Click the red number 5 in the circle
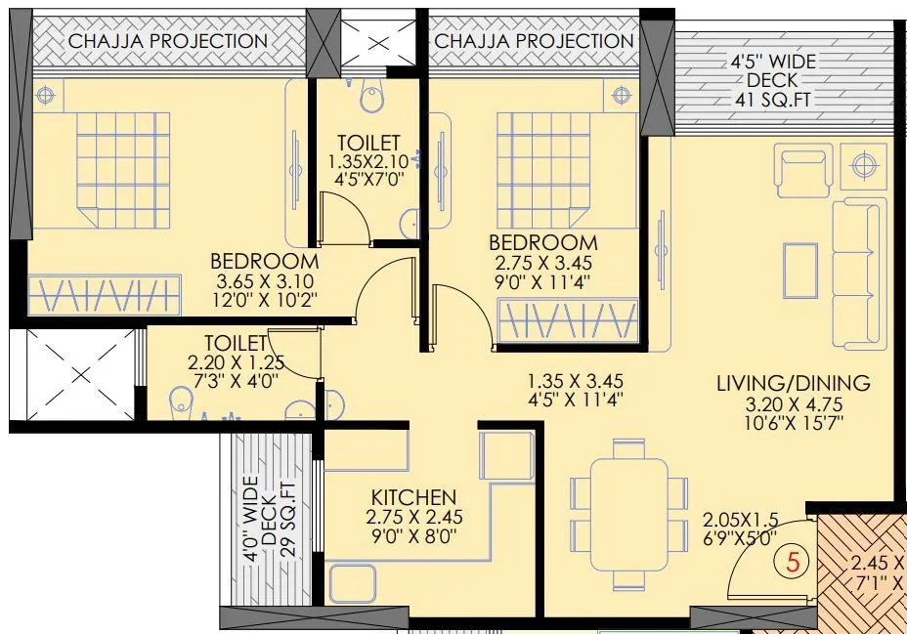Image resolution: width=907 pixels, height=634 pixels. pyautogui.click(x=794, y=563)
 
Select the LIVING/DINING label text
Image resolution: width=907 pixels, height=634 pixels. pyautogui.click(x=793, y=383)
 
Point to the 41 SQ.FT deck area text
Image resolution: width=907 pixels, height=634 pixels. pyautogui.click(x=778, y=100)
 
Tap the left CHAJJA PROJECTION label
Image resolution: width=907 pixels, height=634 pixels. pyautogui.click(x=167, y=41)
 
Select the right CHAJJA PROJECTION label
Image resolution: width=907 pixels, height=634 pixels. pyautogui.click(x=534, y=41)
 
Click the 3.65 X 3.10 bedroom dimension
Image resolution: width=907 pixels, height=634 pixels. pyautogui.click(x=264, y=281)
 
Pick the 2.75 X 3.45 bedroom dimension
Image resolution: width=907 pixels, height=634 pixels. pyautogui.click(x=542, y=263)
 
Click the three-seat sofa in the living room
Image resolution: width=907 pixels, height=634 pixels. pyautogui.click(x=858, y=273)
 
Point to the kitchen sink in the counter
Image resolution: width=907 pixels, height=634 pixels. pyautogui.click(x=351, y=584)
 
